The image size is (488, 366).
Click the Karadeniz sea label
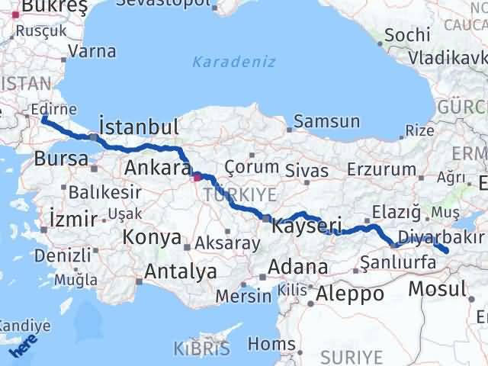233,62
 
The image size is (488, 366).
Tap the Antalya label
180,271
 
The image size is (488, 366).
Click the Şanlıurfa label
397,263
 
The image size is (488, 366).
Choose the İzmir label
72,219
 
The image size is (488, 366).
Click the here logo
24,348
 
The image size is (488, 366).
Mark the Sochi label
404,35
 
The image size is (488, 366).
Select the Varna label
91,52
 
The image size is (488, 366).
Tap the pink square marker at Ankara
197,177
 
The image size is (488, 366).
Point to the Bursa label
60,159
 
